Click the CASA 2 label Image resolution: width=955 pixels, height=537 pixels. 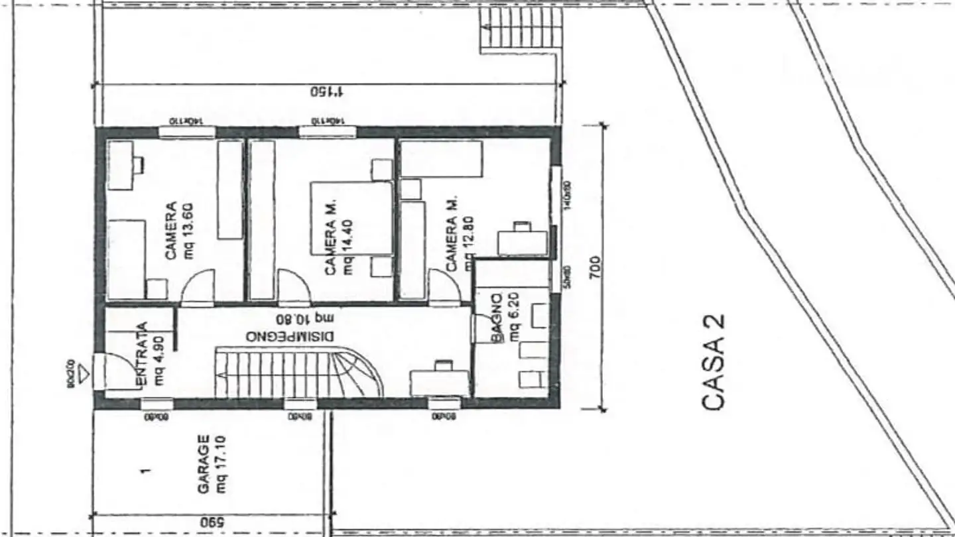tap(713, 362)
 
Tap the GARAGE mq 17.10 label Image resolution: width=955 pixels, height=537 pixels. tap(212, 464)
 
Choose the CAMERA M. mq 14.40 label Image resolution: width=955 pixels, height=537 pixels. tap(340, 237)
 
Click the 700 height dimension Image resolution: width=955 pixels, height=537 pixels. tap(595, 266)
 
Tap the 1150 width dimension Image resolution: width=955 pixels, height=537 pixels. tap(328, 91)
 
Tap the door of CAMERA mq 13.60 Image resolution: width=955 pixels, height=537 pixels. tap(198, 287)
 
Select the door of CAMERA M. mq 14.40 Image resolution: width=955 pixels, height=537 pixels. tap(293, 287)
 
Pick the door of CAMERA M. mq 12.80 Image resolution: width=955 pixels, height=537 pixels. tap(444, 287)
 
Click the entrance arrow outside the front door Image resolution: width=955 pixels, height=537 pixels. tap(82, 377)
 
